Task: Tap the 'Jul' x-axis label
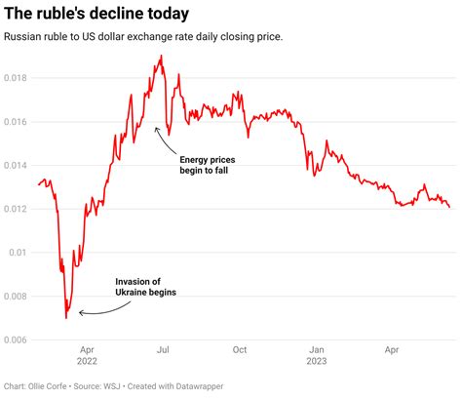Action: (163, 348)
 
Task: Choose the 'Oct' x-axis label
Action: (240, 348)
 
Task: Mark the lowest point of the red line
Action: (66, 317)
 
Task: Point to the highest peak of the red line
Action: (161, 57)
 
